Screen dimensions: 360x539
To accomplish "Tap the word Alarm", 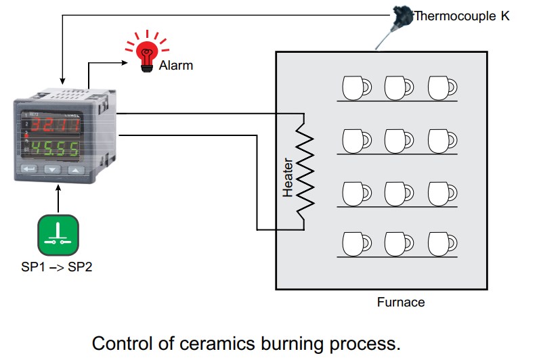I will pyautogui.click(x=176, y=66).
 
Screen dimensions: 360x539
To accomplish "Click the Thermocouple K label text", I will pyautogui.click(x=462, y=16).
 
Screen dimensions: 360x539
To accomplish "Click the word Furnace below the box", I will pyautogui.click(x=401, y=302).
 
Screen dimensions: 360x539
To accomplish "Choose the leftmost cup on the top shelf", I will pyautogui.click(x=354, y=88).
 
